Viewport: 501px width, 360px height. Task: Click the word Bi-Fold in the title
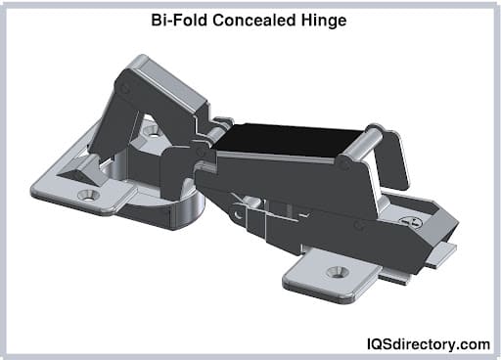click(179, 21)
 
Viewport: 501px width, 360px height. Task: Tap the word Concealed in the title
click(253, 21)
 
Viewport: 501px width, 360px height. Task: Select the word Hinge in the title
click(323, 21)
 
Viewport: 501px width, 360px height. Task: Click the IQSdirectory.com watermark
click(429, 344)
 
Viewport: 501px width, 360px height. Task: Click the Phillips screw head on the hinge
click(411, 222)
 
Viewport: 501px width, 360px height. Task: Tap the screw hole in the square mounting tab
click(338, 272)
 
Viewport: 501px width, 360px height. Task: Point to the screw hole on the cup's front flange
click(88, 195)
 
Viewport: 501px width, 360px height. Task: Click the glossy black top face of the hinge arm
click(287, 140)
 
